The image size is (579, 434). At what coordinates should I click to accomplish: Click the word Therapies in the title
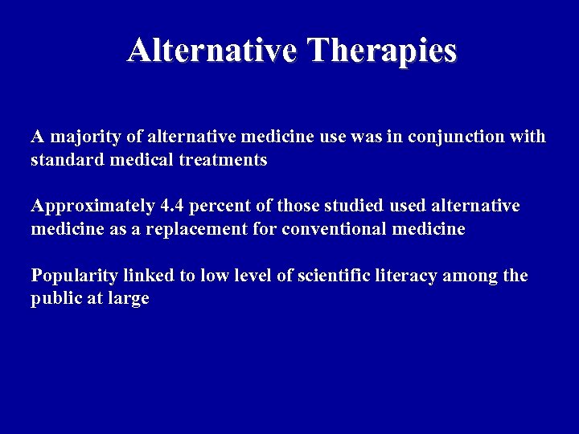point(382,51)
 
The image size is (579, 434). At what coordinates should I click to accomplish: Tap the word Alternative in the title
point(213,51)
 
